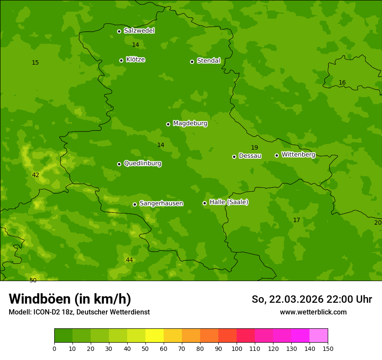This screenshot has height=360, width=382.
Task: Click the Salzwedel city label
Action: tap(139, 31)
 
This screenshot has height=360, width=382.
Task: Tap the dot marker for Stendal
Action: tap(192, 62)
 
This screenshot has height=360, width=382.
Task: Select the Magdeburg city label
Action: tap(190, 124)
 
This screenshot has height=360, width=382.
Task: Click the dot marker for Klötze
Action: tap(121, 60)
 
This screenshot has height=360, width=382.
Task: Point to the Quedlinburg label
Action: tap(142, 164)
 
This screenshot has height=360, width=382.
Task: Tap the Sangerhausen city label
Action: tap(161, 203)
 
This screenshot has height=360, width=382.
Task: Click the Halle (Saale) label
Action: tap(229, 202)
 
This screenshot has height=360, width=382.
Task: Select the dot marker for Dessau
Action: tap(234, 157)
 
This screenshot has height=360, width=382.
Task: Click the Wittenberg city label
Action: tap(298, 154)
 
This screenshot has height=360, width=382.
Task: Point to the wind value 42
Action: tap(36, 175)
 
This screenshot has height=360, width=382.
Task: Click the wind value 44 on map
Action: tap(129, 260)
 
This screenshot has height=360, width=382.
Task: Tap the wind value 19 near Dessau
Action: tap(254, 148)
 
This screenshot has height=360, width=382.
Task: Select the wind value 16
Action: tap(342, 83)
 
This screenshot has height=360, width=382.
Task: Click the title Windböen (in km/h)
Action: tap(70, 299)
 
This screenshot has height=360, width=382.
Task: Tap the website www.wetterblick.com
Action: tap(313, 312)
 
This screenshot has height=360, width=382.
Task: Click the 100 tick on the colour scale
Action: tap(237, 348)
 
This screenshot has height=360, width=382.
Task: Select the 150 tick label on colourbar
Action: tap(328, 348)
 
